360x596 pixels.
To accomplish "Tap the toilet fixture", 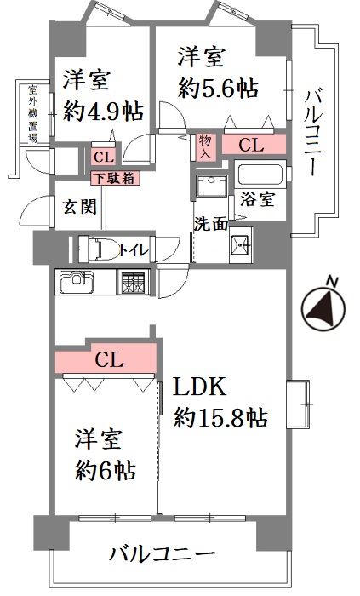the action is [95, 249].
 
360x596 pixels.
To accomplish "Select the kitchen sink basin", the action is [77, 283].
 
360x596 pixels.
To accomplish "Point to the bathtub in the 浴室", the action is [260, 175].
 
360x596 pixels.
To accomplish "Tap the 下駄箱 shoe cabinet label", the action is [115, 178].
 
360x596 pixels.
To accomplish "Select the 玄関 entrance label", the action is [79, 208].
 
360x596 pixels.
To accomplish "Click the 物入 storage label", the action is [205, 146].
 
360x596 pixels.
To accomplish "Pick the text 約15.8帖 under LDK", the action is [220, 417].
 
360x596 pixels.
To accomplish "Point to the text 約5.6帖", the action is [218, 89].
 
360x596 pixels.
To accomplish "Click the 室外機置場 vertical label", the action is [32, 114].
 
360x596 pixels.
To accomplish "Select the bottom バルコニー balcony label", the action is [163, 555].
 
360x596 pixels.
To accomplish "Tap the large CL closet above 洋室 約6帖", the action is [106, 359].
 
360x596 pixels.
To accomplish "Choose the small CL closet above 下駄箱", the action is [104, 157].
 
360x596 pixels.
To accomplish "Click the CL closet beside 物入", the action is [254, 145].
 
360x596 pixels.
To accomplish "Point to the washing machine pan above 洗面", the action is [211, 186].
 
